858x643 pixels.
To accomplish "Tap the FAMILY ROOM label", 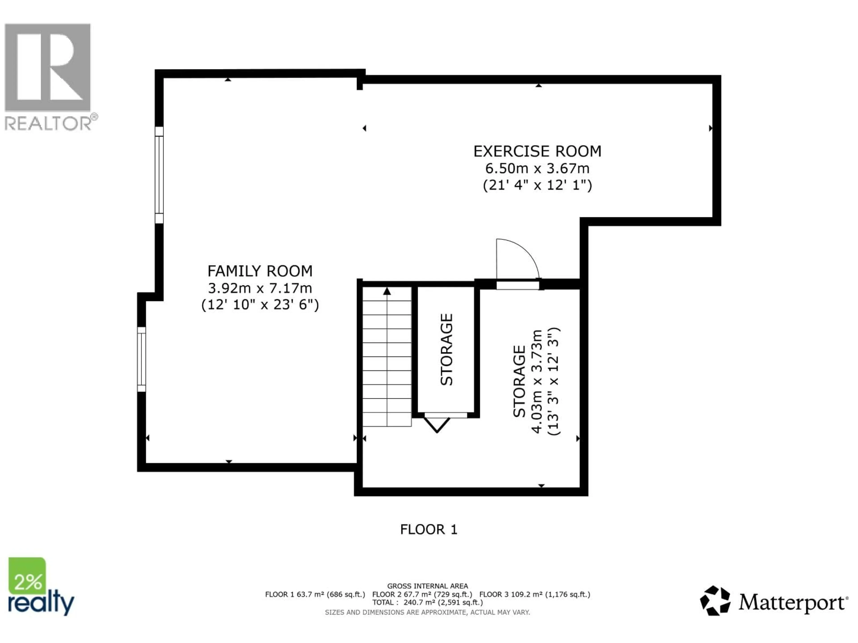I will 260,271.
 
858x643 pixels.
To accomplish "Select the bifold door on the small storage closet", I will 437,424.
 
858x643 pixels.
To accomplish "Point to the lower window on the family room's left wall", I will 142,359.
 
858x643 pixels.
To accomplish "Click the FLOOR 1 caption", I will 429,529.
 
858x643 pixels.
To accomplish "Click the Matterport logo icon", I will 715,601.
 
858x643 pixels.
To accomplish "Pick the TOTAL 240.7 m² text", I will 427,603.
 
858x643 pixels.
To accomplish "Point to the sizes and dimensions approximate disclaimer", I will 427,612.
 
